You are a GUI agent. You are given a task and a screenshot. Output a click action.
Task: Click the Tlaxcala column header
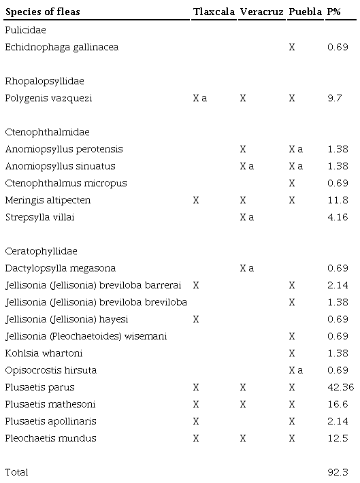coord(213,13)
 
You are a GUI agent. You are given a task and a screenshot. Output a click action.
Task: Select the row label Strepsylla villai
coord(39,217)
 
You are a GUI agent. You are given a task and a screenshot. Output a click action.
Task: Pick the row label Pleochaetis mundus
coord(50,438)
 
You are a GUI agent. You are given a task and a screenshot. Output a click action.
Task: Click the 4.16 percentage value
coord(335,217)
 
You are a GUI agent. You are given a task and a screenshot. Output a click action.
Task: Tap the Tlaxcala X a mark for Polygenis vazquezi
coord(200,98)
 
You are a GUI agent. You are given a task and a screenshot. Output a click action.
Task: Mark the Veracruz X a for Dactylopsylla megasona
coord(247,268)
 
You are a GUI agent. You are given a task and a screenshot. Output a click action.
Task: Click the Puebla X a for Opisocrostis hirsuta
coord(295,370)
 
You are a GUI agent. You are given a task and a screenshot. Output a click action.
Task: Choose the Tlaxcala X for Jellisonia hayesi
coord(196,319)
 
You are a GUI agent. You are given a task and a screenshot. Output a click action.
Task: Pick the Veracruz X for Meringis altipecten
coord(243,200)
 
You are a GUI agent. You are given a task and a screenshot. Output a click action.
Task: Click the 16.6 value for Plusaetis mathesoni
coord(335,404)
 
